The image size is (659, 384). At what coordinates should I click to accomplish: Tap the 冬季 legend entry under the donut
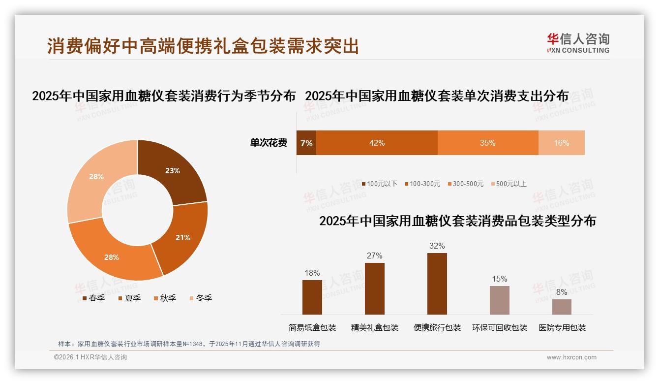click(x=201, y=298)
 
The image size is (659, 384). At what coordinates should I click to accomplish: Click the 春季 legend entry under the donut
click(x=93, y=298)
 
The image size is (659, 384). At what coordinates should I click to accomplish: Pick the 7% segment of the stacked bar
click(x=306, y=143)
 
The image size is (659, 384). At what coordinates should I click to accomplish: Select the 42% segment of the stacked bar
click(x=377, y=143)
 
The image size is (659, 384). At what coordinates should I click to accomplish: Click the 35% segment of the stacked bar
click(x=488, y=143)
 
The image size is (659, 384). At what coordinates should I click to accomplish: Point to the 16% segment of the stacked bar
click(x=561, y=143)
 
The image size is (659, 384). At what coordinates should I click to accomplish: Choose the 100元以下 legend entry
click(x=379, y=184)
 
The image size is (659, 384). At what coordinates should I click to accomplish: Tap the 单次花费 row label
click(x=269, y=143)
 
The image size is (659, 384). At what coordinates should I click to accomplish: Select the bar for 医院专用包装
click(x=562, y=307)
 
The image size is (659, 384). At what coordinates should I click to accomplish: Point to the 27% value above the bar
click(x=374, y=256)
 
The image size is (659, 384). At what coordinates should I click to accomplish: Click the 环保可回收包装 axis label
click(x=499, y=327)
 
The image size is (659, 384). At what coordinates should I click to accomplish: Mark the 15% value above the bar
click(x=499, y=279)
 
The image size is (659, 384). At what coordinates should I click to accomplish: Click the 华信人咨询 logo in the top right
click(x=578, y=43)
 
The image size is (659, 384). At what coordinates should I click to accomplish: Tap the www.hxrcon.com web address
click(x=571, y=357)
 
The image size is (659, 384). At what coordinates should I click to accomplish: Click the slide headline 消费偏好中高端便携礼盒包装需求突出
click(x=203, y=46)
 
